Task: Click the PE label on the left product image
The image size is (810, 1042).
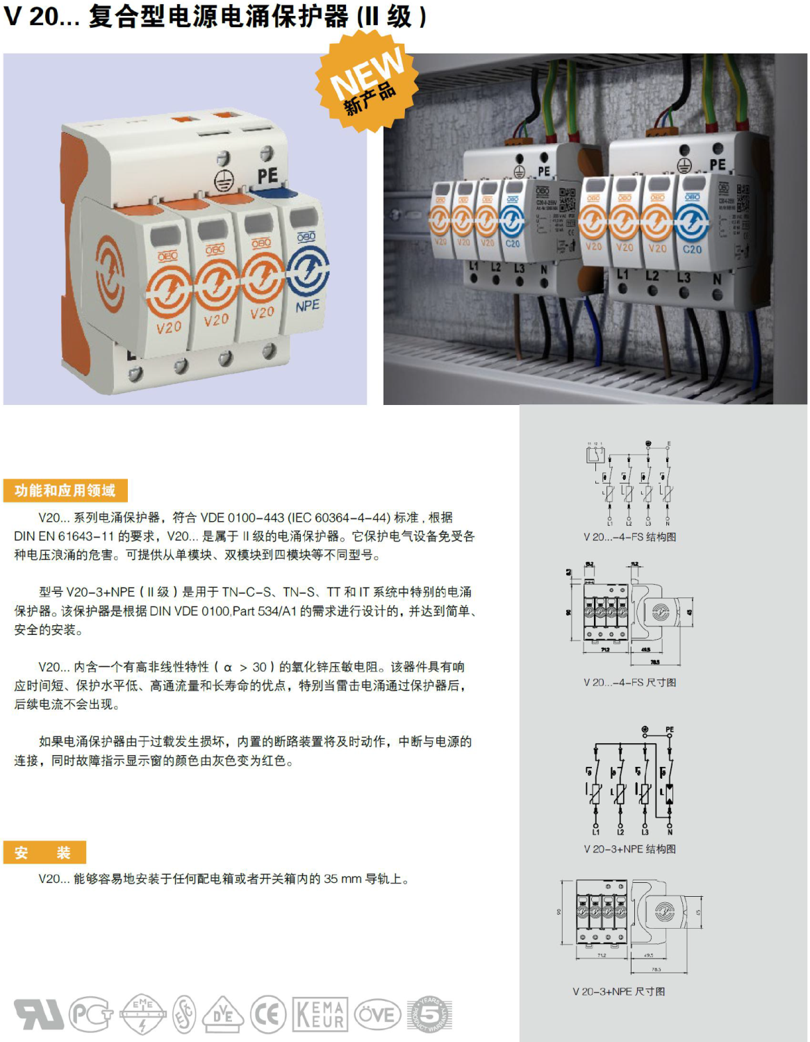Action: pos(267,176)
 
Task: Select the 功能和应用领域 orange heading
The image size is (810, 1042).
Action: pos(65,490)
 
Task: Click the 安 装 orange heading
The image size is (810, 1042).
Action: pos(44,852)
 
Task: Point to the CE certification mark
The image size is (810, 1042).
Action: pos(268,1015)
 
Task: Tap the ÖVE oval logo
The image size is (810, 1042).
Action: pos(378,1015)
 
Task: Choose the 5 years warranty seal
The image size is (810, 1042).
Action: pos(429,1015)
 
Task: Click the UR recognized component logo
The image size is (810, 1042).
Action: pos(39,1015)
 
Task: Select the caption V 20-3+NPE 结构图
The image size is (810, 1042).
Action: pos(629,849)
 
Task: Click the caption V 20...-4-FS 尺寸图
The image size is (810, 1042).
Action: pos(629,683)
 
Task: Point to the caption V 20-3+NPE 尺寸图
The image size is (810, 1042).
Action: pos(618,991)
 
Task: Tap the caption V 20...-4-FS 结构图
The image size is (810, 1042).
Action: pos(629,537)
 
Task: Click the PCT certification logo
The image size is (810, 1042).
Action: pos(92,1015)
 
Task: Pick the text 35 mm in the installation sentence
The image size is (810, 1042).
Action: pos(342,879)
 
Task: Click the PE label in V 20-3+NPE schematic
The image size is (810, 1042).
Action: pos(670,730)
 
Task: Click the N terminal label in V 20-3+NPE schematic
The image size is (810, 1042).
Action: pos(670,832)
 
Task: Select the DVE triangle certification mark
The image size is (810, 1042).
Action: pos(222,1015)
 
